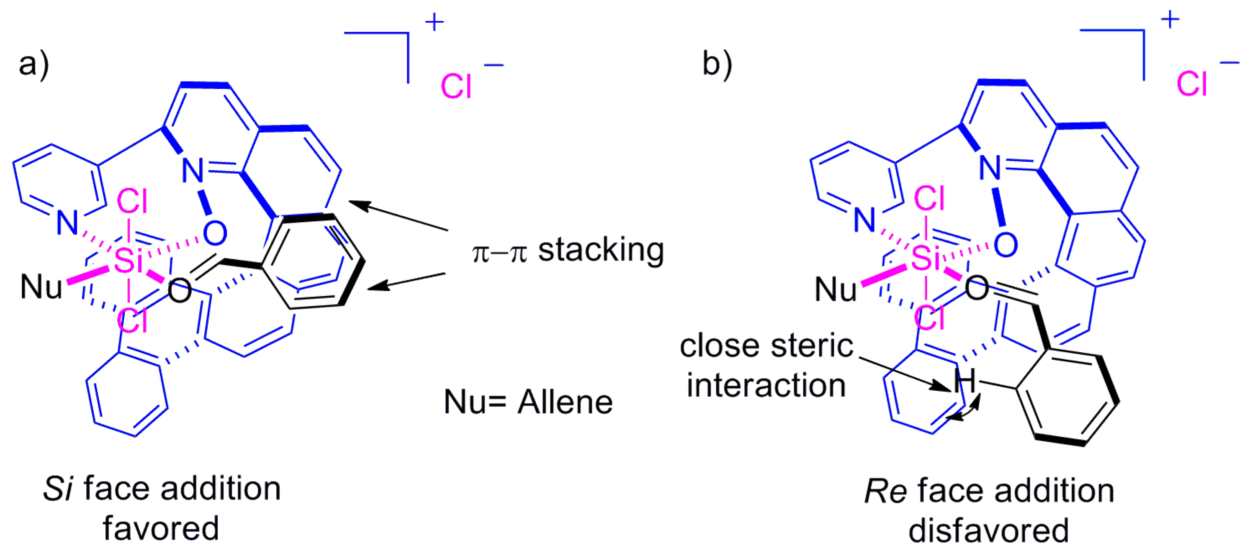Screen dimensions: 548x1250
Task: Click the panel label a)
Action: click(x=34, y=64)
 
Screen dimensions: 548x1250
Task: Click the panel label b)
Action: click(x=717, y=64)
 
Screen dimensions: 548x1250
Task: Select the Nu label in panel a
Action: click(x=41, y=287)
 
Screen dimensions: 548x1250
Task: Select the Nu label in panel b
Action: click(x=836, y=290)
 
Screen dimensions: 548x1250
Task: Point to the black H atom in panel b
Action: click(x=965, y=381)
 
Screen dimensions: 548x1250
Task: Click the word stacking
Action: click(x=601, y=250)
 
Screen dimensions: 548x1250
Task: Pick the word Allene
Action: click(x=565, y=402)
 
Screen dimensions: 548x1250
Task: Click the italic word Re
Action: click(x=885, y=491)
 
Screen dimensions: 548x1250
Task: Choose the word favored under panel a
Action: click(x=161, y=529)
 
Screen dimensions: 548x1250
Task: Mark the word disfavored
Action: click(x=988, y=530)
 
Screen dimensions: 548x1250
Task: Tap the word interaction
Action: click(x=766, y=386)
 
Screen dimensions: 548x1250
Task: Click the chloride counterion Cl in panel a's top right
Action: click(x=455, y=87)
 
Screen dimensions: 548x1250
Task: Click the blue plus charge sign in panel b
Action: click(x=1170, y=20)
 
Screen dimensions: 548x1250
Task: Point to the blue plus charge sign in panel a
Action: click(x=434, y=22)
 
